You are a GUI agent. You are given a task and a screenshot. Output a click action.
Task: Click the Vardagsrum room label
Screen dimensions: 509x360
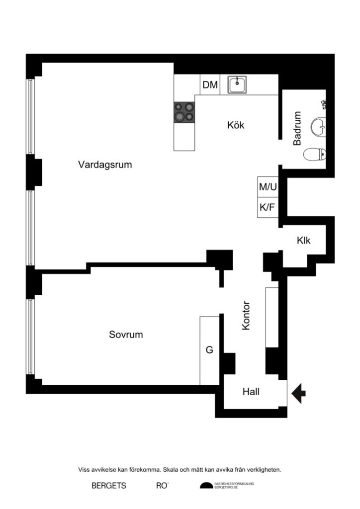point(105,165)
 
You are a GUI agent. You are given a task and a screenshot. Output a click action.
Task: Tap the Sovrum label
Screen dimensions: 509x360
point(126,335)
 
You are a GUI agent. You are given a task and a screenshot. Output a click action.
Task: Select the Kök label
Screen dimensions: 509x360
point(236,125)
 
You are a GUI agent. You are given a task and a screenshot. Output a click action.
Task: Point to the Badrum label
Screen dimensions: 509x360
point(297,128)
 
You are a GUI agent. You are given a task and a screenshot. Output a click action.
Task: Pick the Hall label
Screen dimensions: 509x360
point(251,392)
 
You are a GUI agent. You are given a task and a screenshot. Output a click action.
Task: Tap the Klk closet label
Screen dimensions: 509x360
point(303,241)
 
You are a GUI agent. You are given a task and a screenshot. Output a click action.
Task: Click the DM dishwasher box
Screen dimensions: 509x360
point(210,85)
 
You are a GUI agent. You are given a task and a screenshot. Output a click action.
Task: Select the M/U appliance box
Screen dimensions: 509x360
point(268,187)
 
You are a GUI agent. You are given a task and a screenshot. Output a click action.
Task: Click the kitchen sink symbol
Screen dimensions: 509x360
point(238,85)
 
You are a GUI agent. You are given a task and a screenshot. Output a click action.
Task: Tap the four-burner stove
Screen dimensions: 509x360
point(184,112)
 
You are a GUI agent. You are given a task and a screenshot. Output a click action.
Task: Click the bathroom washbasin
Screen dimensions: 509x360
point(318,126)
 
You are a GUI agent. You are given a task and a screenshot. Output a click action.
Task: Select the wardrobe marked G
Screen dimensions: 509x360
point(209,350)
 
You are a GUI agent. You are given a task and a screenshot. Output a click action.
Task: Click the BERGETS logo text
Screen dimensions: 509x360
point(109,486)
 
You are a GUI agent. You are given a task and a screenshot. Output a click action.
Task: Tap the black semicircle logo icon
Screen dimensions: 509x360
point(206,486)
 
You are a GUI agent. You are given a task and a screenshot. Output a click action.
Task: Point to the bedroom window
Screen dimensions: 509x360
point(30,337)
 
